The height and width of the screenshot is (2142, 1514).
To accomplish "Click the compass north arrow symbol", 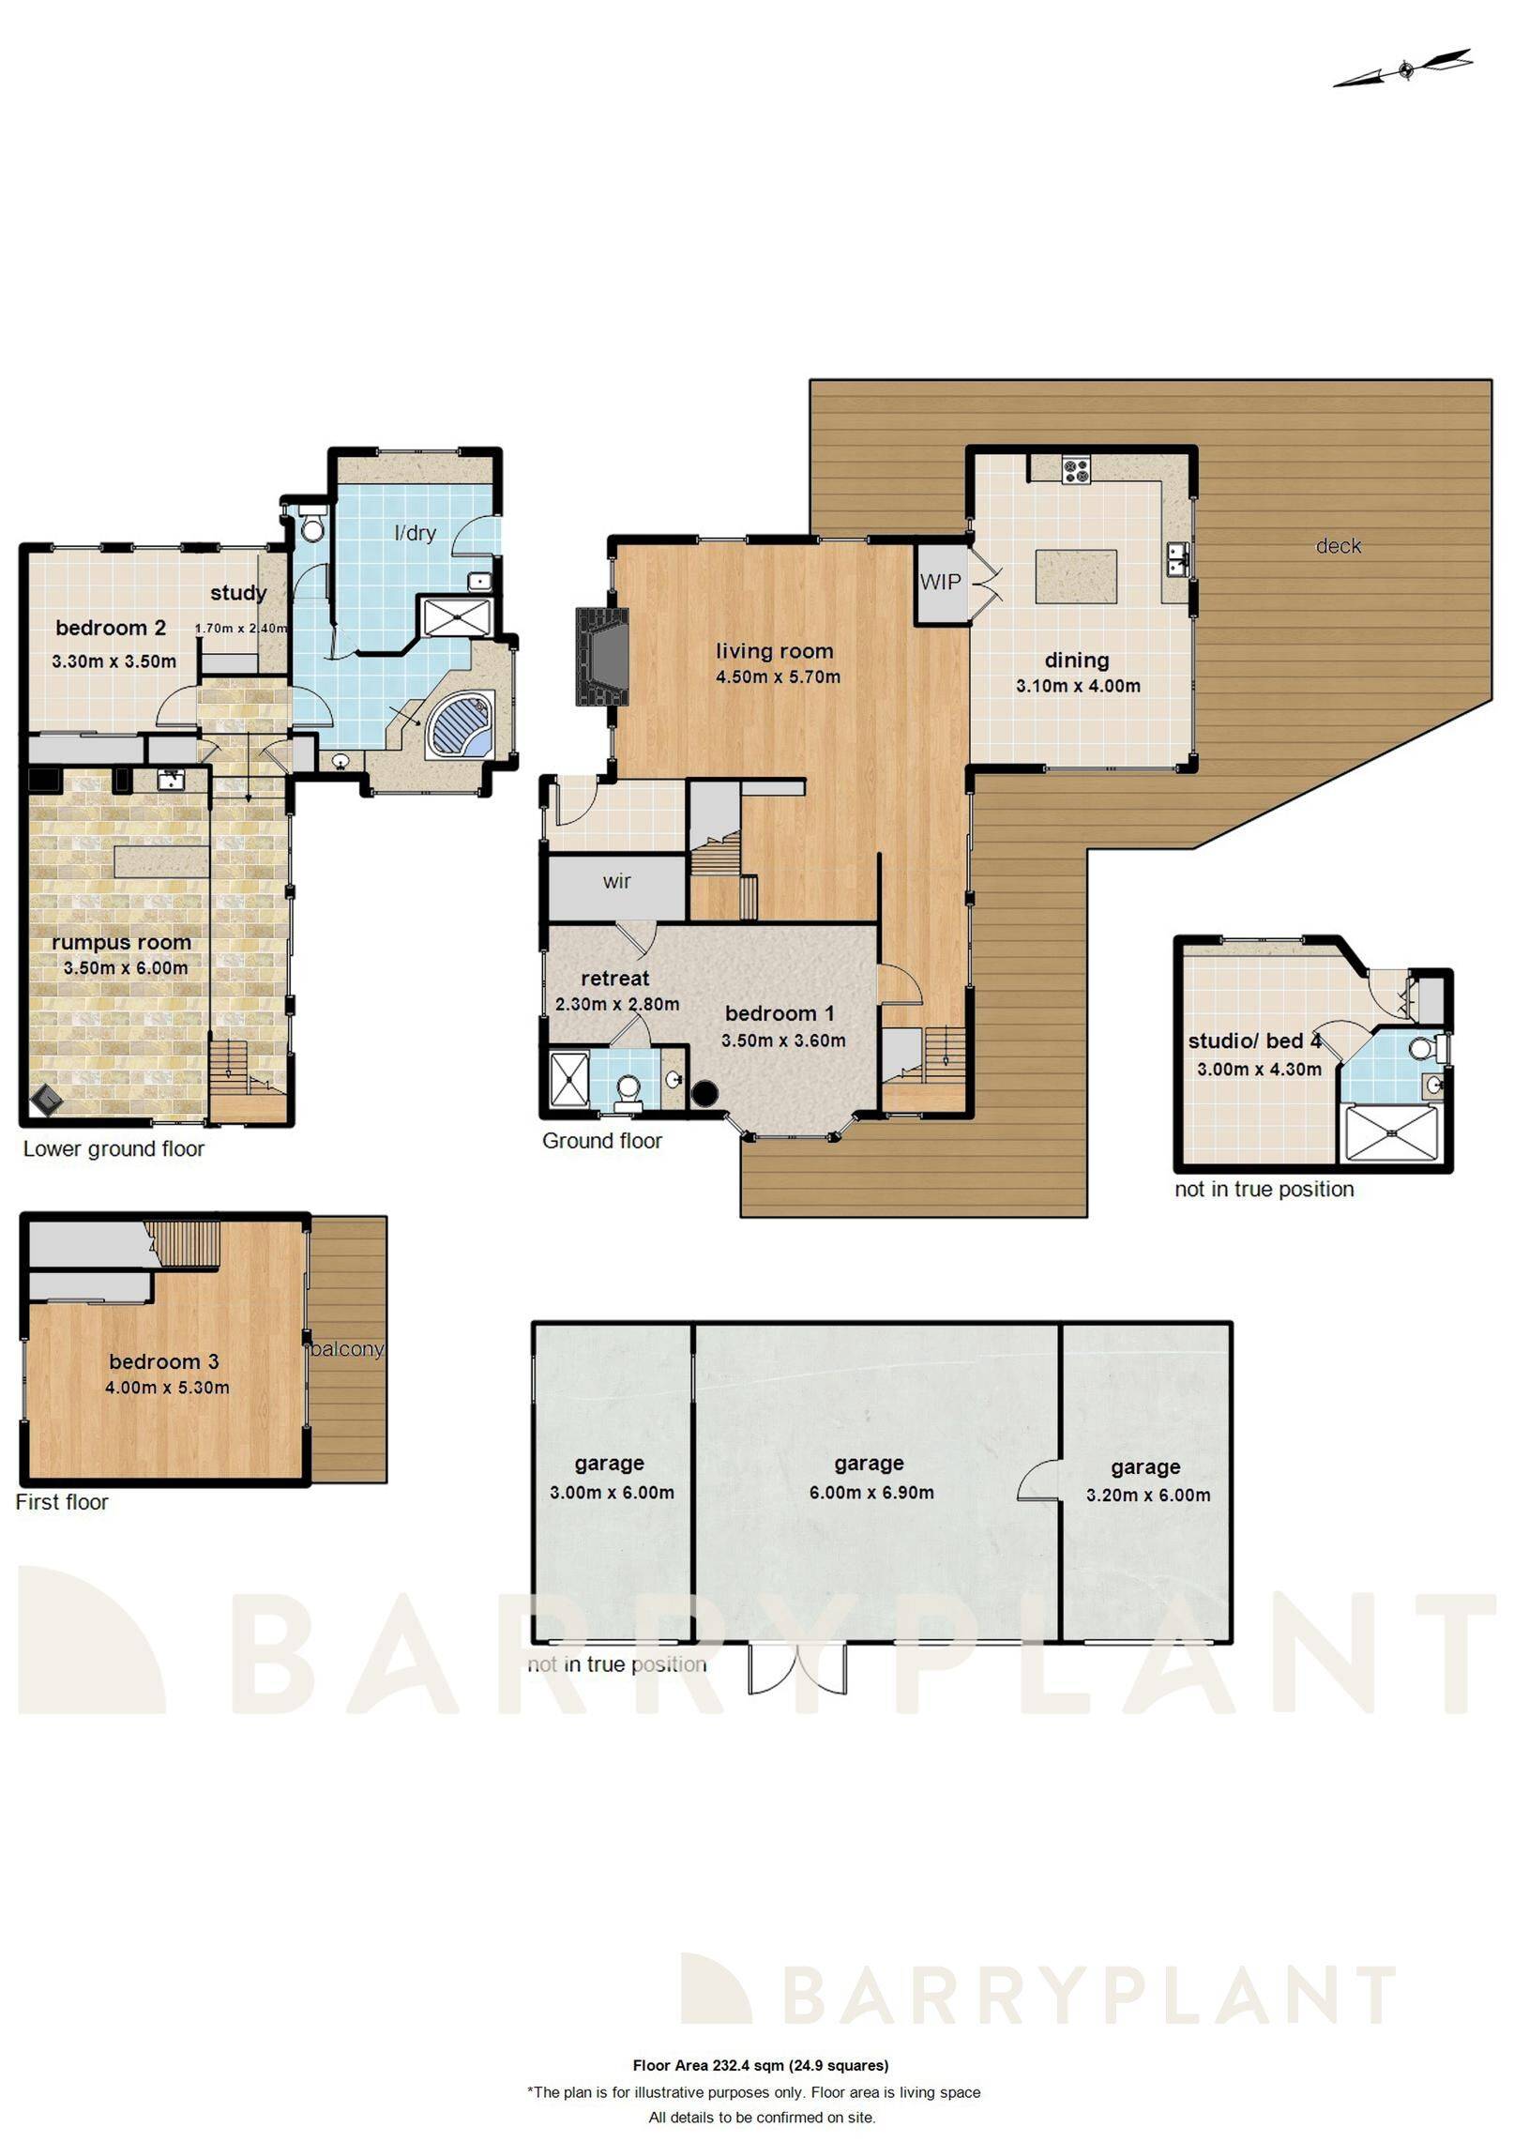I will click(1403, 69).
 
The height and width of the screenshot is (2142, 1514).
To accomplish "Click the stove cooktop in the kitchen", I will click(1075, 469).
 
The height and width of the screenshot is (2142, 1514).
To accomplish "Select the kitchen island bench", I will click(1075, 576).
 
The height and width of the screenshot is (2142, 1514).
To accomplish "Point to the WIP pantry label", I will click(940, 582).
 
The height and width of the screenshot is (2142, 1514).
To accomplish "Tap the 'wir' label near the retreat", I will click(616, 881).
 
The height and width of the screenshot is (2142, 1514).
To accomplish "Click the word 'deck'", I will click(1338, 546).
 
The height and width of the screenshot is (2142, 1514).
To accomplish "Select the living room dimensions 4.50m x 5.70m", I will click(778, 676).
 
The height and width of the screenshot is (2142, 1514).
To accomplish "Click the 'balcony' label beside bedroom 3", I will click(347, 1349).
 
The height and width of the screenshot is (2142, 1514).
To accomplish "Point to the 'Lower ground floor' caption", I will click(114, 1148).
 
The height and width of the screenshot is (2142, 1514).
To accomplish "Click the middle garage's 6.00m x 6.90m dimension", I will click(871, 1492).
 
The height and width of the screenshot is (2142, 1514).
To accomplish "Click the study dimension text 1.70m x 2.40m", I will click(240, 629).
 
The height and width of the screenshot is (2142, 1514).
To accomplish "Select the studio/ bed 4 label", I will click(1254, 1041).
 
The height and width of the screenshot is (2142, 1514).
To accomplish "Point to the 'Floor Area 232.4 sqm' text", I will click(760, 2065).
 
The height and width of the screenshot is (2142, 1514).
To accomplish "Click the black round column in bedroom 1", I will click(704, 1092).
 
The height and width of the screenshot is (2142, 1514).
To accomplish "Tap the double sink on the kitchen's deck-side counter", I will click(1178, 561).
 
